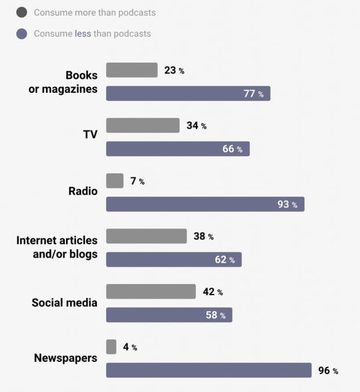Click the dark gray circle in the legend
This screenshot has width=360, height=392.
tap(22, 12)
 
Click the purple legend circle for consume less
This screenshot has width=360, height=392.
tap(22, 34)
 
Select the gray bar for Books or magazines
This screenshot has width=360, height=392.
tap(132, 70)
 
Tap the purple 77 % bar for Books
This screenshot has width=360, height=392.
tap(188, 93)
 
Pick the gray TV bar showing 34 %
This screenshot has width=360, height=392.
tap(143, 125)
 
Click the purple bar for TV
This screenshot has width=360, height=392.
tap(177, 149)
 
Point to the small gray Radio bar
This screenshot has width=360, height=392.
tap(115, 181)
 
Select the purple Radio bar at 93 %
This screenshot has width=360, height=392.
tap(205, 204)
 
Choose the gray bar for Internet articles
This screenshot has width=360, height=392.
tap(146, 236)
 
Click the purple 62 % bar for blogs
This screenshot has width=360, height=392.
tap(173, 260)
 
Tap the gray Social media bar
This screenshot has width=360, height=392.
tap(151, 292)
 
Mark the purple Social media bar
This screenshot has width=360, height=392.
tap(169, 315)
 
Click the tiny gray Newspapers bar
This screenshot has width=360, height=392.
tap(111, 347)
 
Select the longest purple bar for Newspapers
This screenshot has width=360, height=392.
tap(209, 371)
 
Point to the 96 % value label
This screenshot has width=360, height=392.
tap(328, 371)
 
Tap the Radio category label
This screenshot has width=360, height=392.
tap(83, 191)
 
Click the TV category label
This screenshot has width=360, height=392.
tap(90, 135)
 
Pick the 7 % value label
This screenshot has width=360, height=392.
tap(137, 182)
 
